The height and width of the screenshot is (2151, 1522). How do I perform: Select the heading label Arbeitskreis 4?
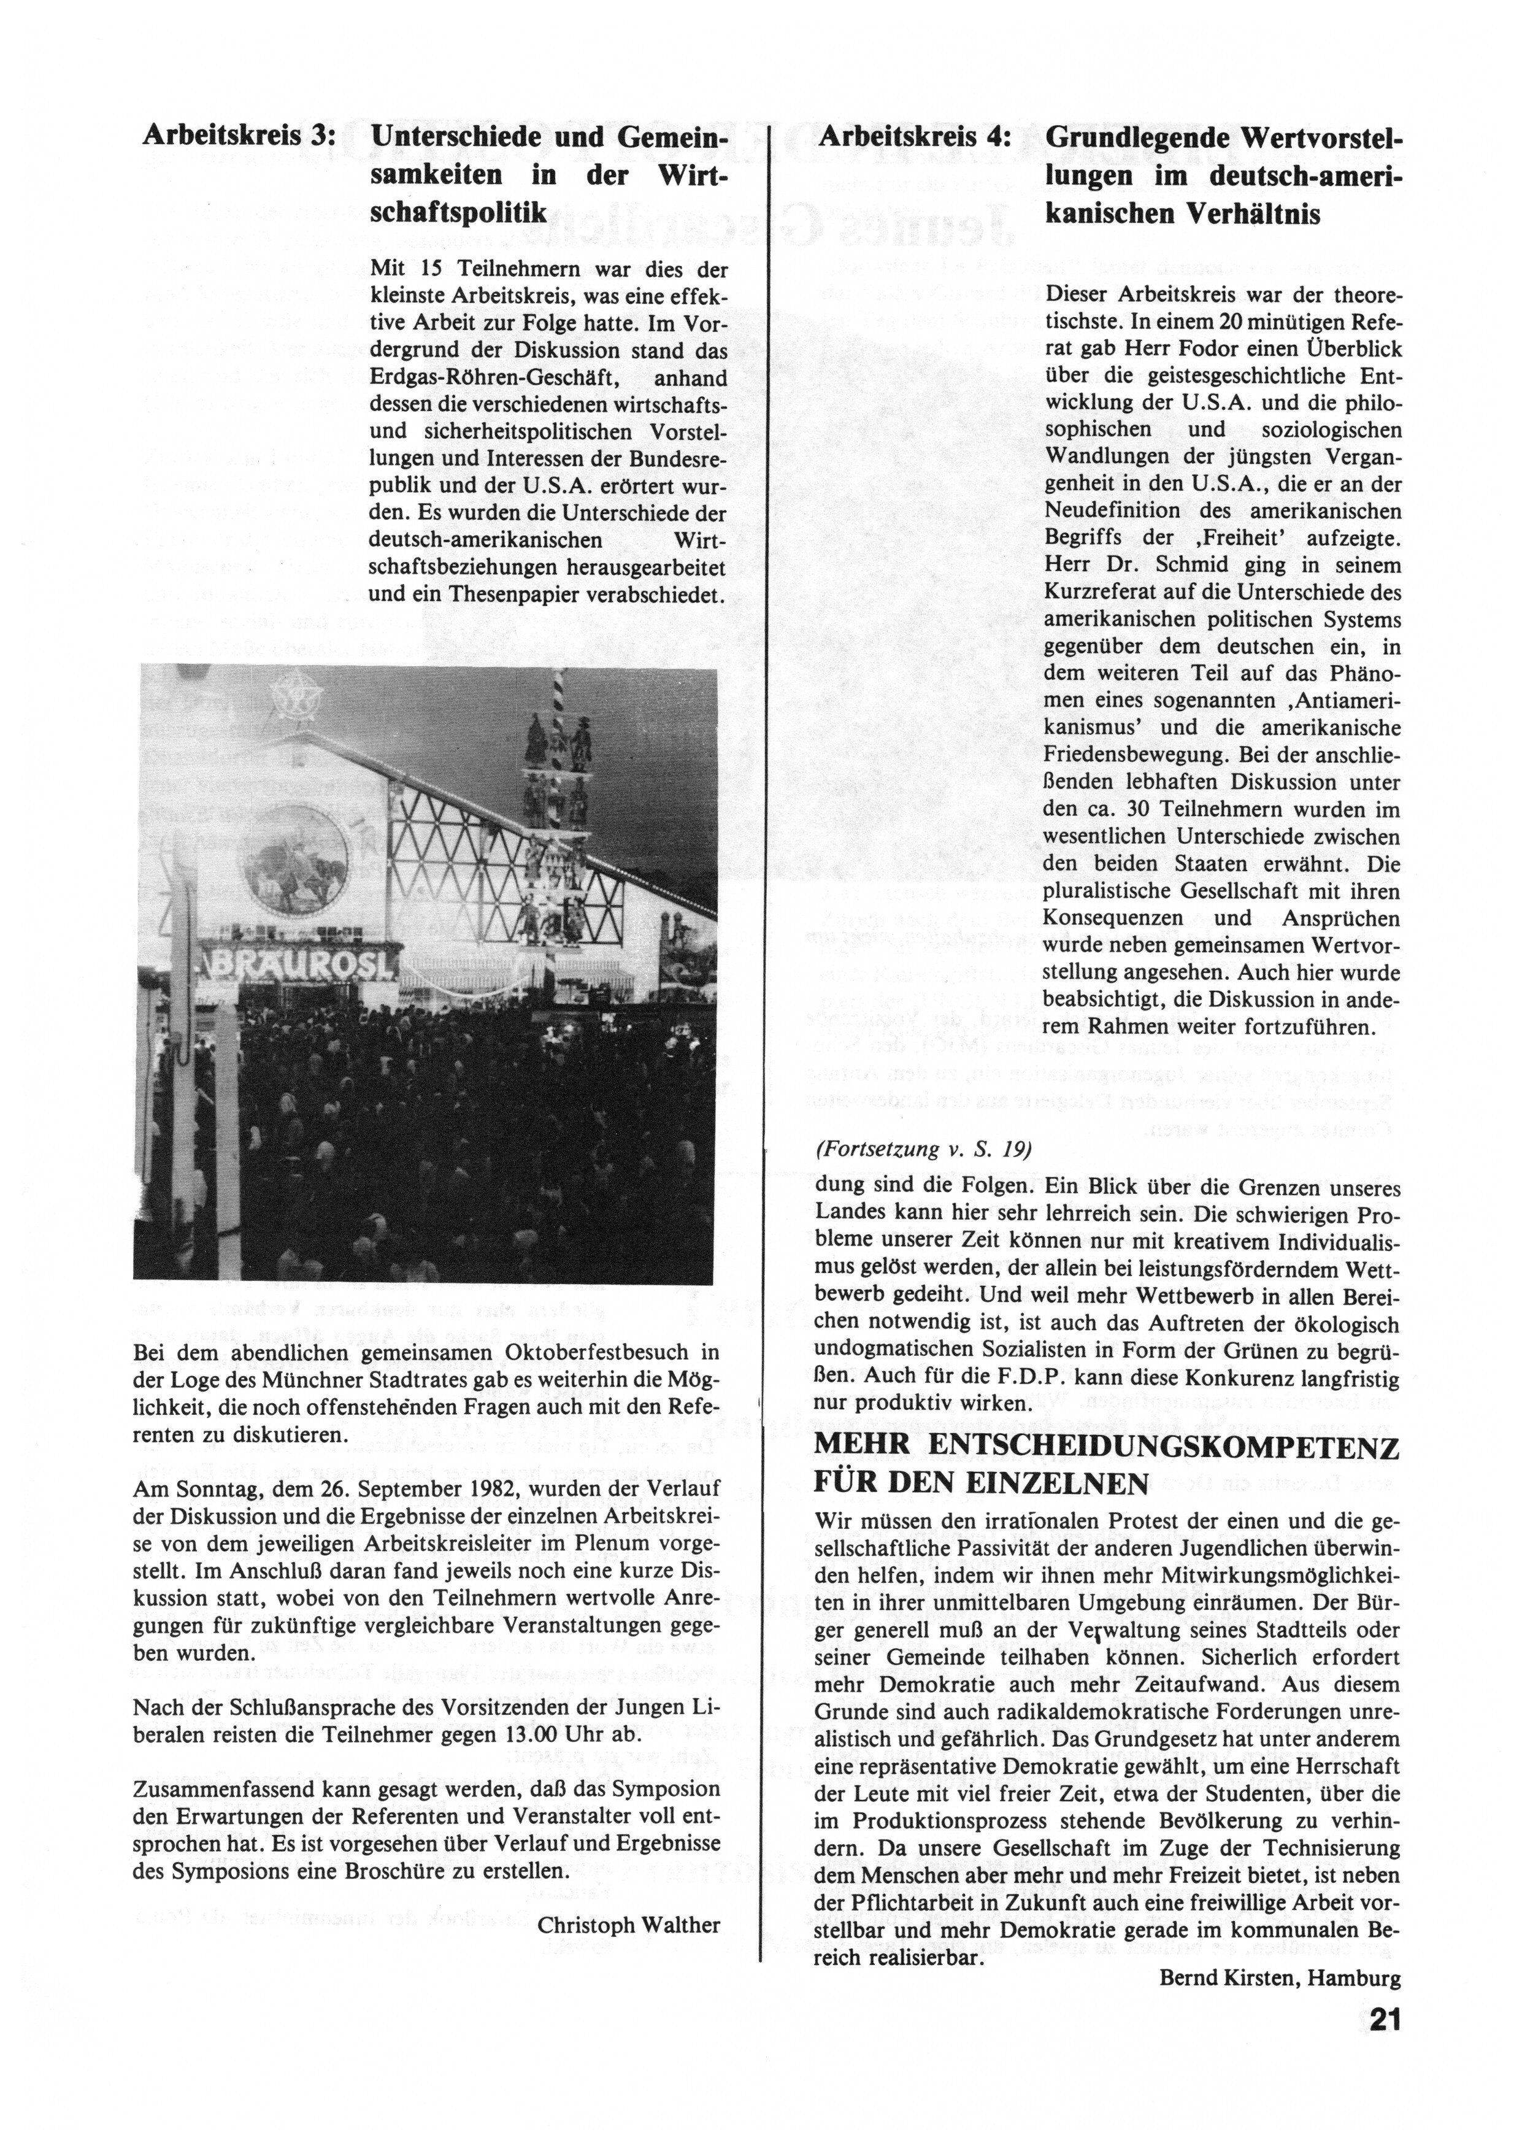pyautogui.click(x=914, y=137)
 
